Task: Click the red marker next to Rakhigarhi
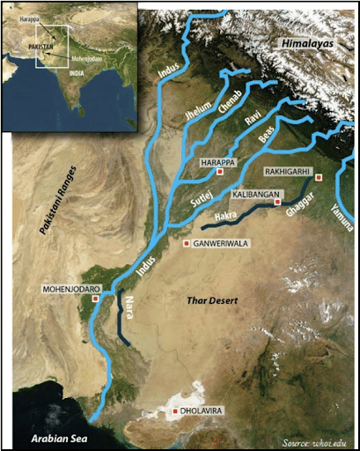pos(319,177)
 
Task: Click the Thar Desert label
pos(215,302)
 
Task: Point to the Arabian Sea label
pos(48,439)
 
